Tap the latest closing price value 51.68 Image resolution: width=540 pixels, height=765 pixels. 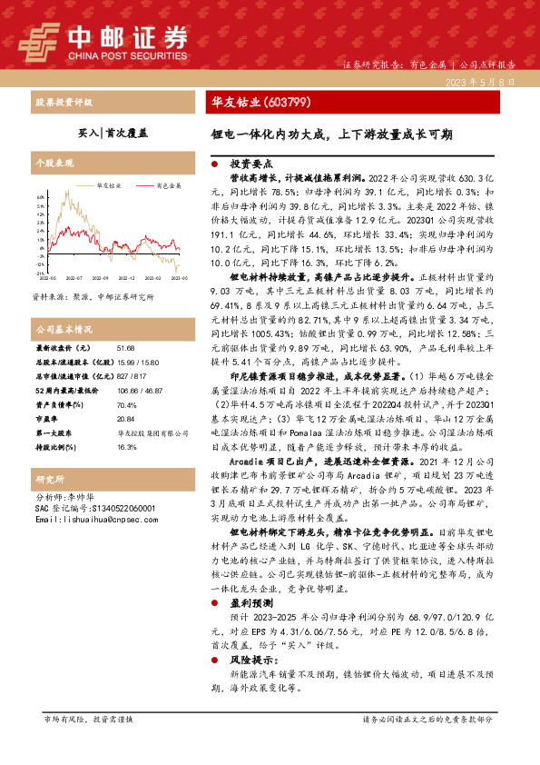[126, 348]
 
